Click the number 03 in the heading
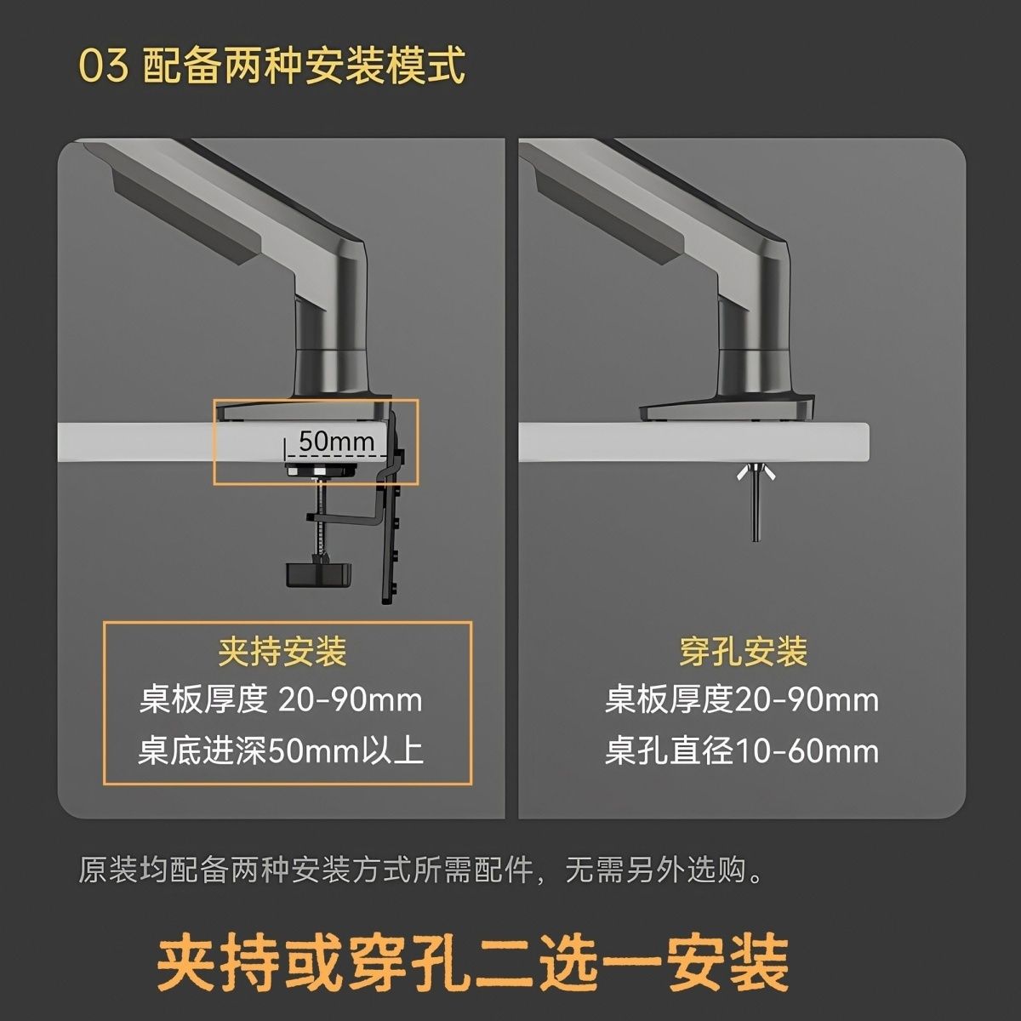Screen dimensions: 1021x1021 pyautogui.click(x=103, y=66)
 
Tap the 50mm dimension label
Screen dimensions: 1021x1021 pyautogui.click(x=336, y=441)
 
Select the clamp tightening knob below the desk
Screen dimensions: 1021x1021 pyautogui.click(x=319, y=575)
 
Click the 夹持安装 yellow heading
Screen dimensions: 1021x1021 pyautogui.click(x=282, y=652)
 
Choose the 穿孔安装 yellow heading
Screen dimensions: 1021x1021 pyautogui.click(x=744, y=652)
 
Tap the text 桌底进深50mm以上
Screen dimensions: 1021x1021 pyautogui.click(x=281, y=750)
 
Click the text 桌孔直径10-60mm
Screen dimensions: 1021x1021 pyautogui.click(x=742, y=750)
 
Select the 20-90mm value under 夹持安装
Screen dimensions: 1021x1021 pyautogui.click(x=351, y=700)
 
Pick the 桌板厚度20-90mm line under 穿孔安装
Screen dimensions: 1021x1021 pyautogui.click(x=742, y=700)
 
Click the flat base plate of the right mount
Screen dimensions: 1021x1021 pyautogui.click(x=727, y=409)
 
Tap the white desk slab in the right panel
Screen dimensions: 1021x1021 pyautogui.click(x=694, y=442)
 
